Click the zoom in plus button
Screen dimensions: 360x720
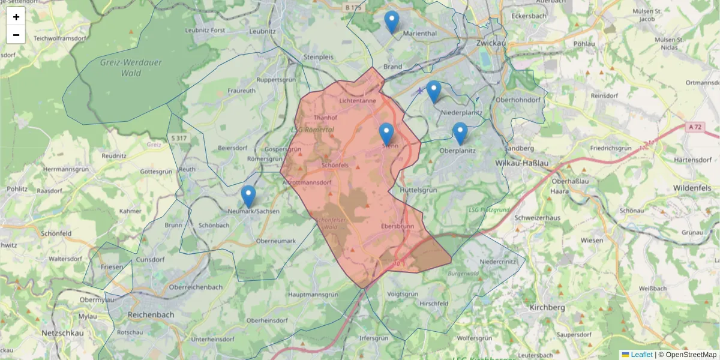16,17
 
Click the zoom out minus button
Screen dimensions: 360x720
16,35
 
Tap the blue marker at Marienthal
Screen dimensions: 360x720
392,22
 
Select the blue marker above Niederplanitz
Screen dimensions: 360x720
434,91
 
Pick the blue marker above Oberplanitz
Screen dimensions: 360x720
460,133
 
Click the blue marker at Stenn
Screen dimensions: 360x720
386,134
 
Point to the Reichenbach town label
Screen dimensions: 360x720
151,314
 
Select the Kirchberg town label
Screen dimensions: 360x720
548,307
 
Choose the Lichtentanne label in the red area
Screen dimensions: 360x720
358,101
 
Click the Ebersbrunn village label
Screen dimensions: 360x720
397,227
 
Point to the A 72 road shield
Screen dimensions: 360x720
695,127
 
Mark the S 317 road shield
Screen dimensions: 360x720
177,139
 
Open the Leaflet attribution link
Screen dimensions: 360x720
641,355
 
